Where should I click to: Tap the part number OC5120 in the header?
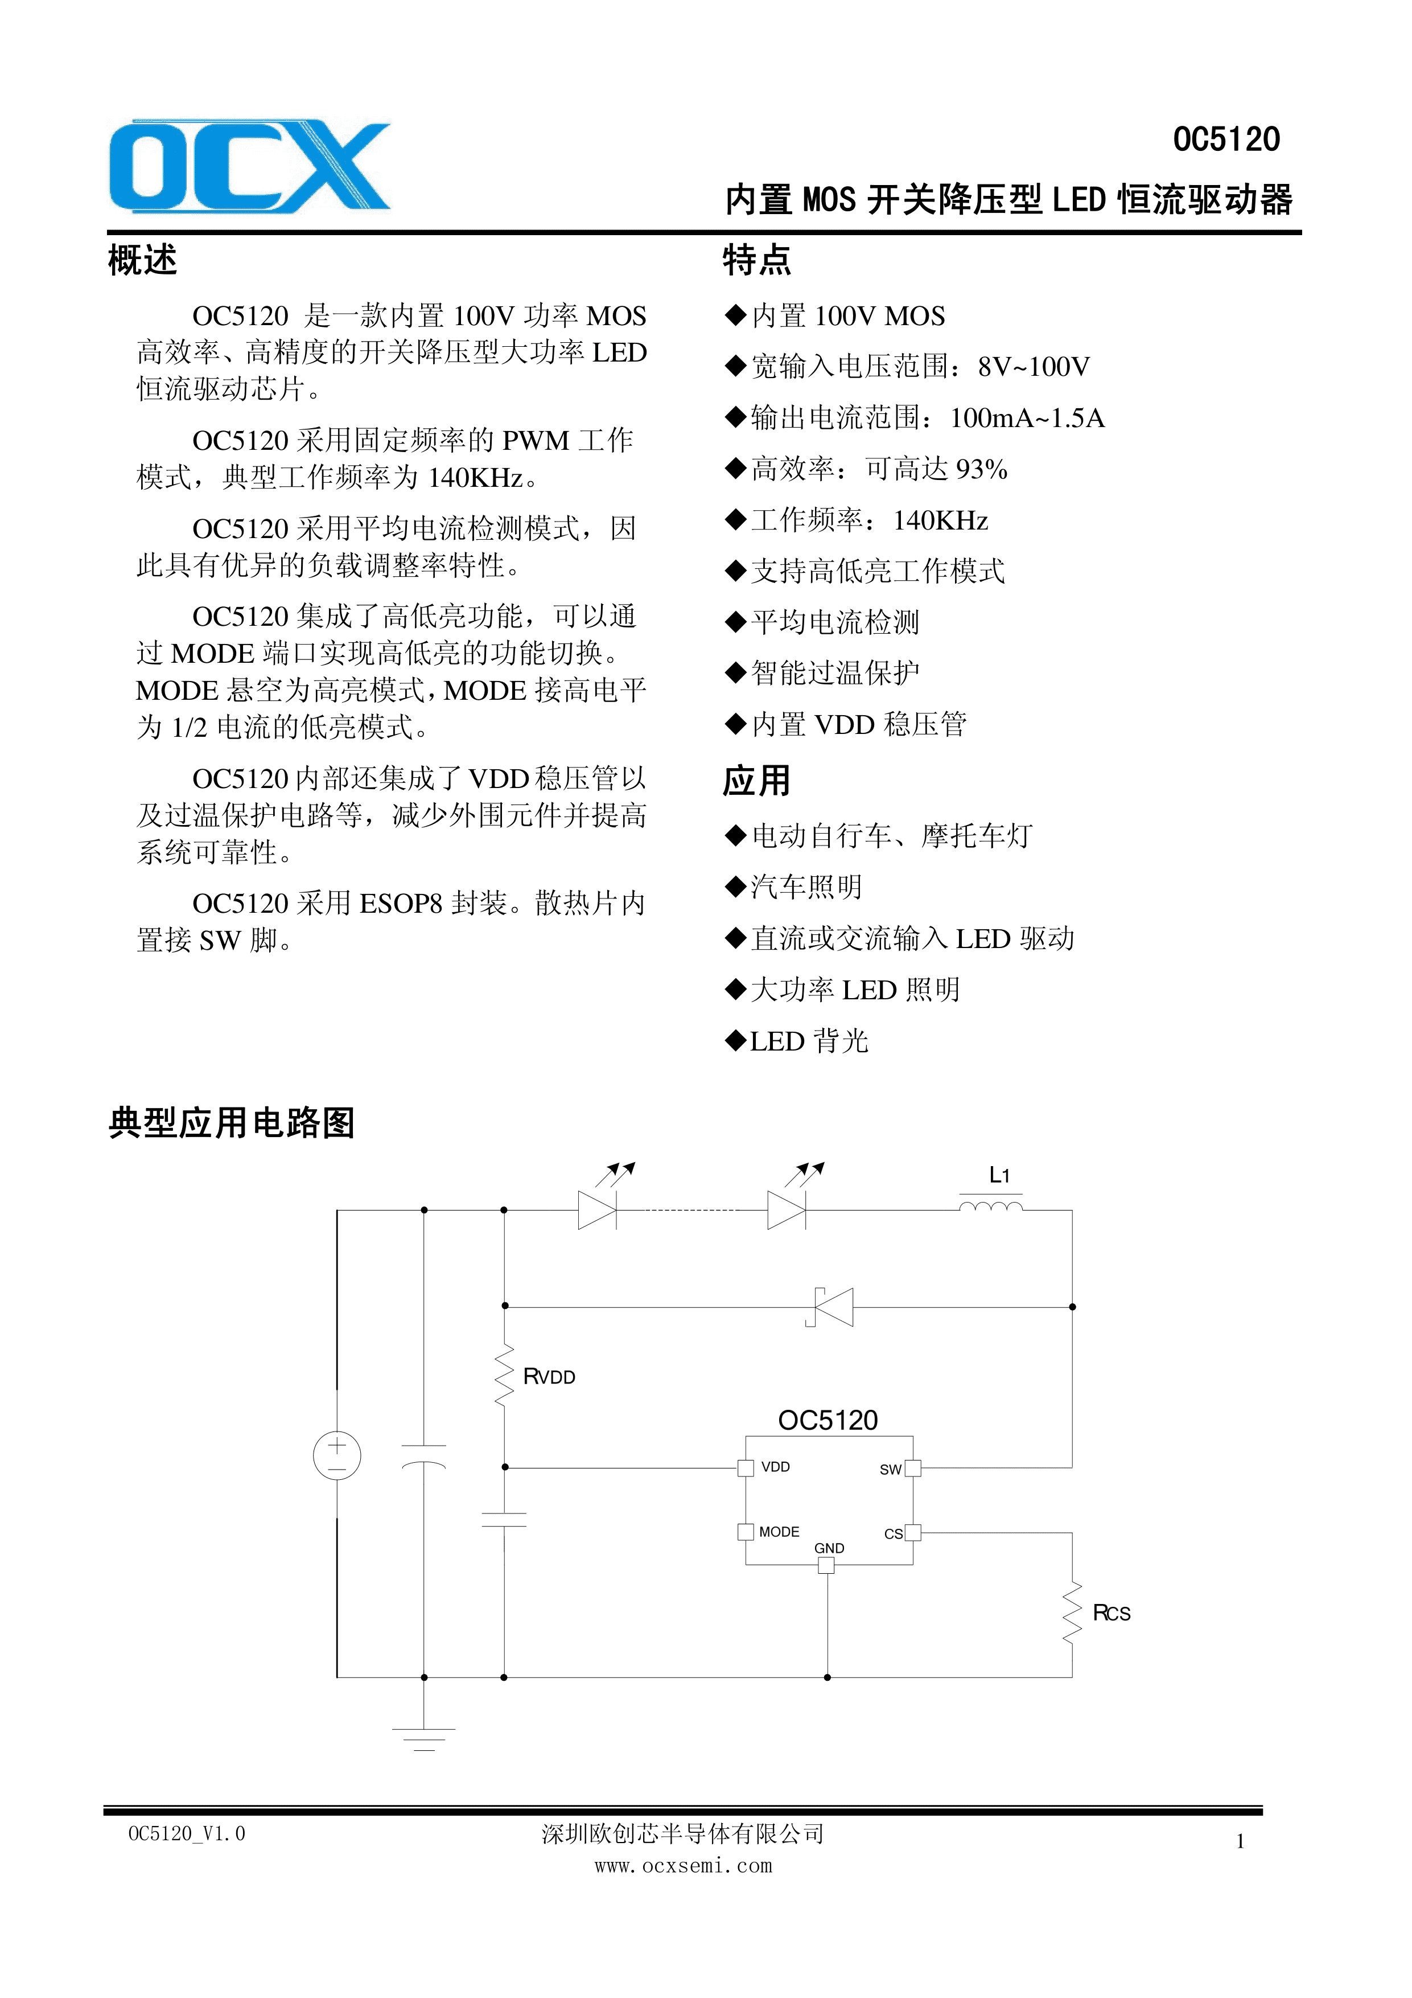(x=1226, y=140)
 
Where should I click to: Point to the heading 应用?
(x=756, y=781)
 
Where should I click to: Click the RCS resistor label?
(x=1111, y=1613)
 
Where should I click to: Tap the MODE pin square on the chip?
(x=746, y=1532)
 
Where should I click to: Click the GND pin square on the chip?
(x=826, y=1565)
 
